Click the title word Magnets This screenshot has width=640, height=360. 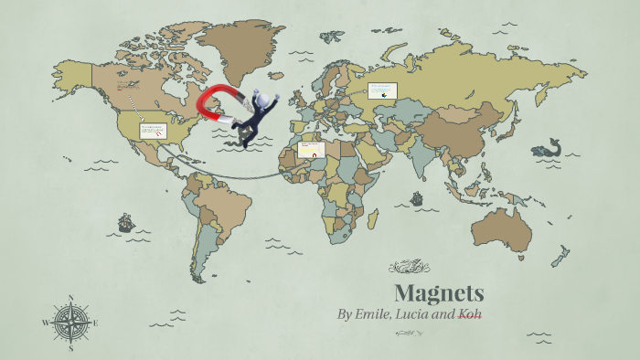[439, 293]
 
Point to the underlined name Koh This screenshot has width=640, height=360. [470, 314]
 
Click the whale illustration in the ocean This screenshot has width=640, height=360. [548, 147]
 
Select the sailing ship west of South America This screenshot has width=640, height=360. [125, 222]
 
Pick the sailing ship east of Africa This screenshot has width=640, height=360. [417, 198]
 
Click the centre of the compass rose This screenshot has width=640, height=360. [70, 322]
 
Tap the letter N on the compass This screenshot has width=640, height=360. [70, 297]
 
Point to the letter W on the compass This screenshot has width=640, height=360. [45, 323]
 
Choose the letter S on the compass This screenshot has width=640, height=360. [70, 347]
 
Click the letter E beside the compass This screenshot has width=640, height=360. [95, 323]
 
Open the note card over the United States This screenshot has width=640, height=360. [153, 131]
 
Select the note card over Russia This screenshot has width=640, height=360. [383, 90]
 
